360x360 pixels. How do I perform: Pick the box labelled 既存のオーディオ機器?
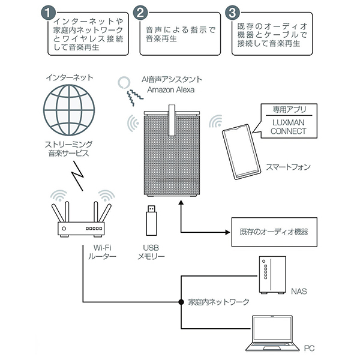pos(274,230)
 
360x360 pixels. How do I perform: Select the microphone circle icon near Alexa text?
pos(124,82)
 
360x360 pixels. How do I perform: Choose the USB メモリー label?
pos(151,252)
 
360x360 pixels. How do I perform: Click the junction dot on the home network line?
pos(181,301)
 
